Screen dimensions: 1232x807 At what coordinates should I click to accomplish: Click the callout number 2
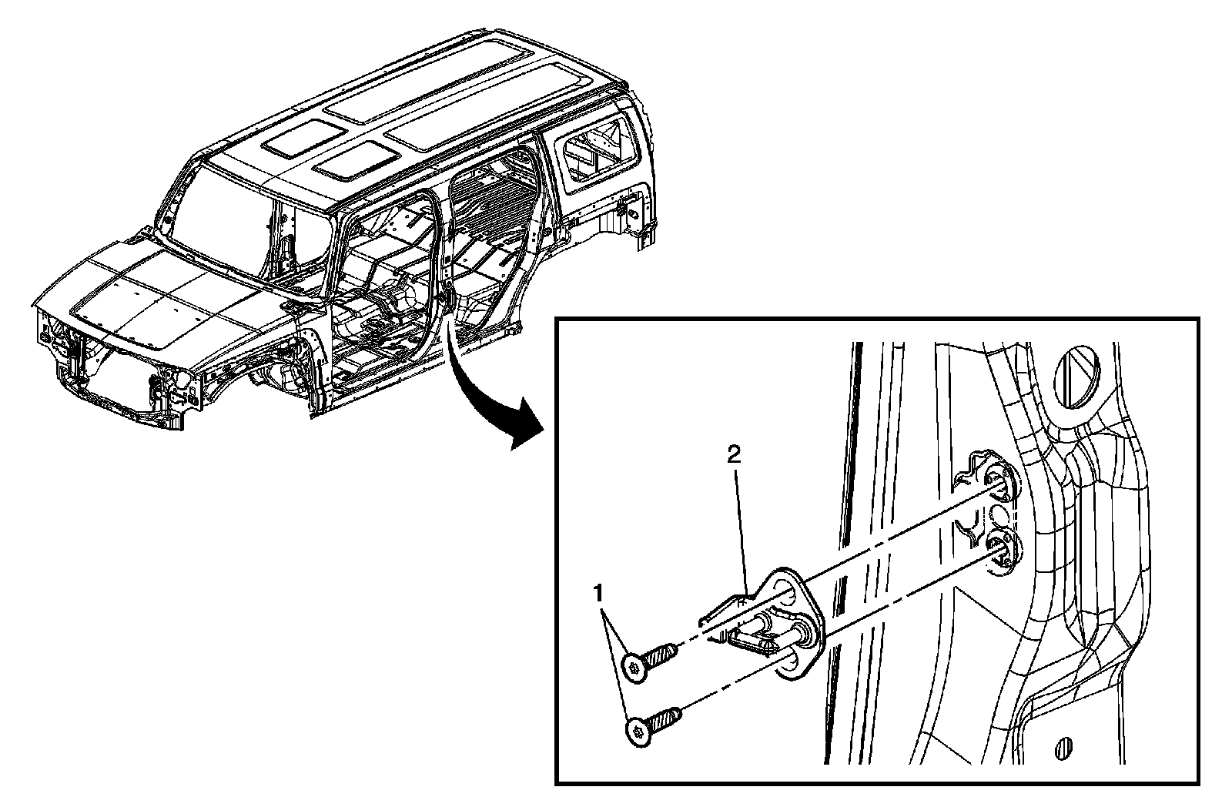click(734, 455)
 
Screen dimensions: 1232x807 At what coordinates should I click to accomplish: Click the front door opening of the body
click(385, 277)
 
